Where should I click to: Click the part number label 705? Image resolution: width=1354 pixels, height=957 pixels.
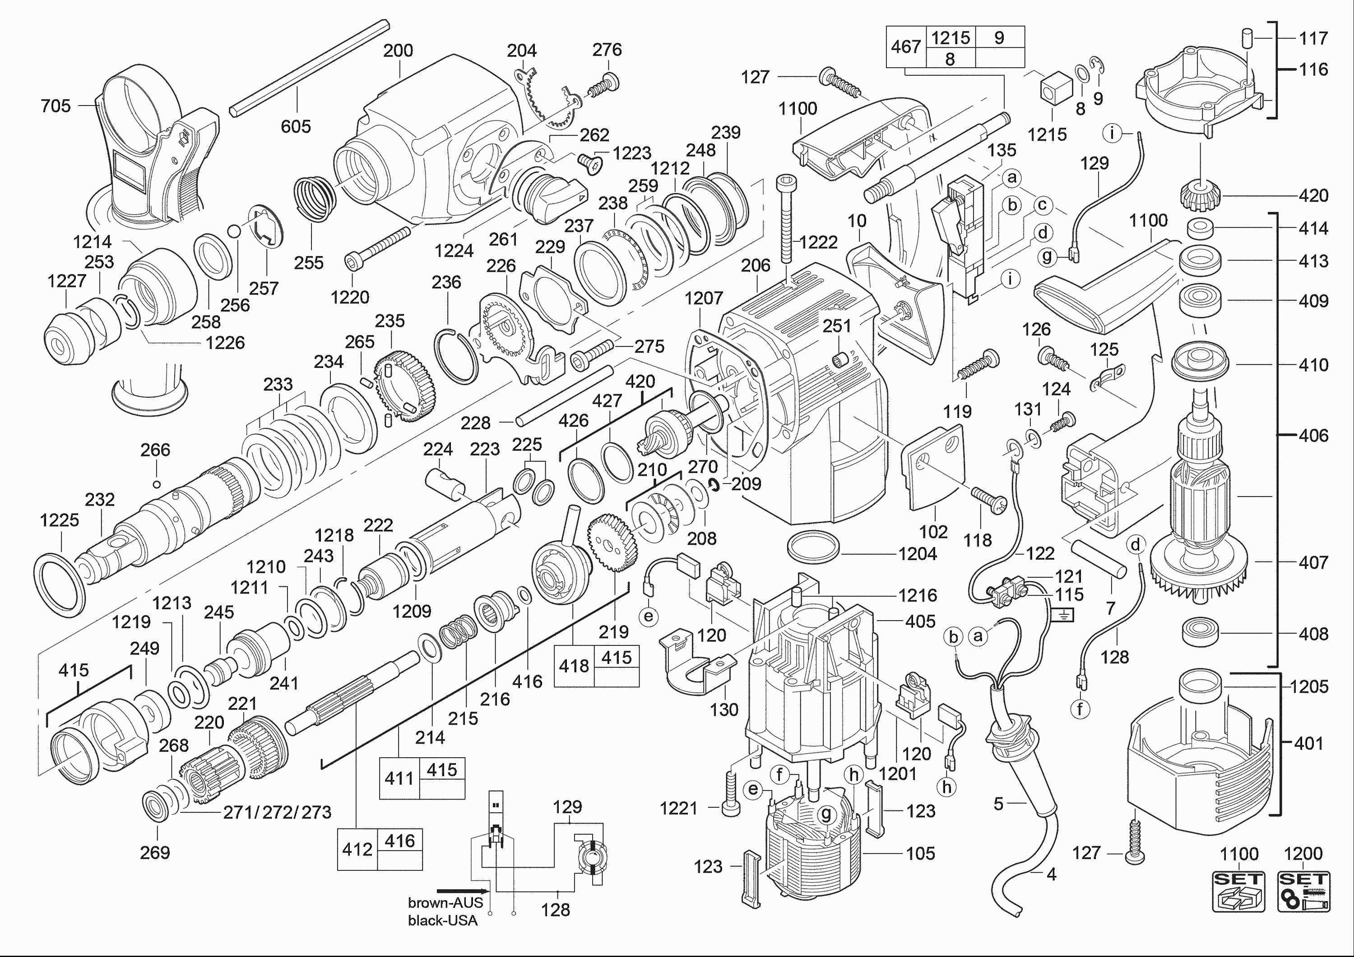tap(56, 106)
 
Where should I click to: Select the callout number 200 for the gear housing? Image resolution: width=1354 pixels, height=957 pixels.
tap(398, 51)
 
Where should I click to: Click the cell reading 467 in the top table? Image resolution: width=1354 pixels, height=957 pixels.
tap(906, 46)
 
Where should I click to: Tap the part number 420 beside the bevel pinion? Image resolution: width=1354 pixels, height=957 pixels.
tap(1313, 196)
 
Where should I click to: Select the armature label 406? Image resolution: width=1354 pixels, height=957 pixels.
tap(1313, 436)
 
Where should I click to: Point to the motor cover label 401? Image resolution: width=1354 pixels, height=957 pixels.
tap(1308, 744)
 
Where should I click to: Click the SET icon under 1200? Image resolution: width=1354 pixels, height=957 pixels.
tap(1303, 890)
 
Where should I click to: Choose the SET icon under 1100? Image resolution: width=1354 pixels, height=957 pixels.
tap(1238, 890)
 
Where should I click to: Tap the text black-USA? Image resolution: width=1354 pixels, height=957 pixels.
tap(442, 920)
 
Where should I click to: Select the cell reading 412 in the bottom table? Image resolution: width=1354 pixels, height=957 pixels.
tap(357, 849)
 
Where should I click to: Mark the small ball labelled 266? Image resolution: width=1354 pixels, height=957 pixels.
tap(156, 484)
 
